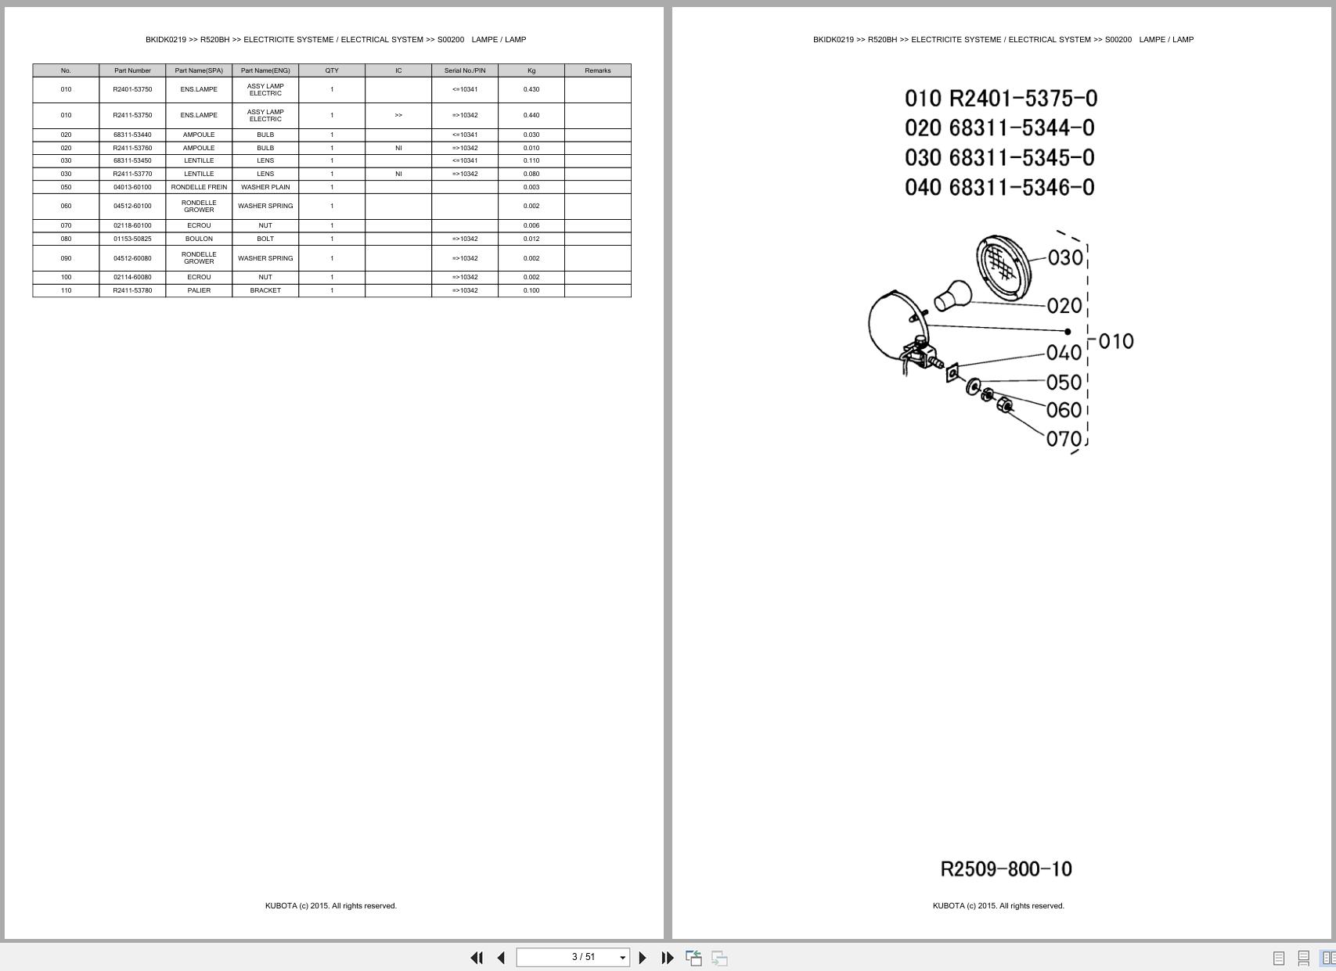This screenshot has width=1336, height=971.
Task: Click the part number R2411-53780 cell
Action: pos(132,290)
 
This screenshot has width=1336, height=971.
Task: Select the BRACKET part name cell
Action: pos(265,290)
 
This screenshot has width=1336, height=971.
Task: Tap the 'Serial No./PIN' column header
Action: pos(465,70)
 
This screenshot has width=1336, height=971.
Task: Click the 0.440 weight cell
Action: pos(531,115)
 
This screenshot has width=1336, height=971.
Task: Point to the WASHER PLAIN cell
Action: pos(265,187)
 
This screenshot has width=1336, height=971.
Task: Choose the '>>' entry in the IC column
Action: pos(398,115)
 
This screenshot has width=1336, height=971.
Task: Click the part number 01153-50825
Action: pos(132,239)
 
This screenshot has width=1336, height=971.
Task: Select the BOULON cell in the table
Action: pos(200,239)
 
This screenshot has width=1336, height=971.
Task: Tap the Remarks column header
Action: pos(598,70)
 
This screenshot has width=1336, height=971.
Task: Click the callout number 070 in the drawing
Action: pos(1064,439)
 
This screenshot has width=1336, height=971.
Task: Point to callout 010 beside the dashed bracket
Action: pos(1116,341)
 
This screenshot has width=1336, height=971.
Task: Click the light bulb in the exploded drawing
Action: pos(952,296)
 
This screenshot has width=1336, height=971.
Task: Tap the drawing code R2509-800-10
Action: pos(1007,869)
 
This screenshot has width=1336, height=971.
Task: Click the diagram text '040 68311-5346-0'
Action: pos(999,187)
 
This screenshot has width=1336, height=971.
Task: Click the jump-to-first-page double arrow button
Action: pos(477,957)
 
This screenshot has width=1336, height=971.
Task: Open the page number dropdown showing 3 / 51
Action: pos(622,957)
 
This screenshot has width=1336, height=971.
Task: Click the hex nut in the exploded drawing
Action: pos(1004,405)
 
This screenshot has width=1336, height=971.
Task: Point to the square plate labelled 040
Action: pos(952,372)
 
